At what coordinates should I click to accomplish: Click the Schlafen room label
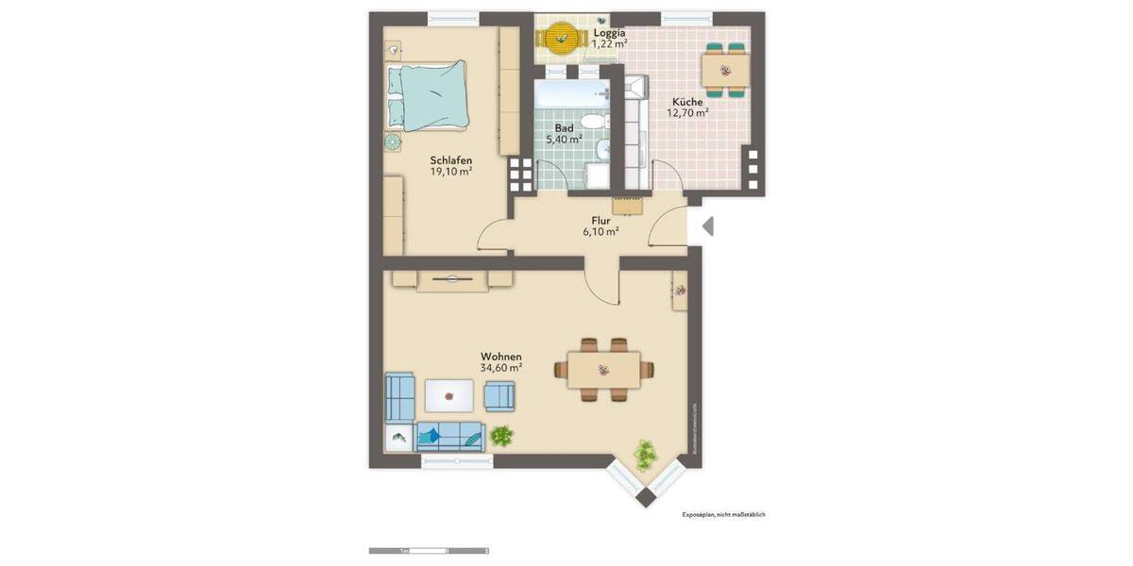pyautogui.click(x=450, y=160)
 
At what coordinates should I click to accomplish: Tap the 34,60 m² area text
pyautogui.click(x=502, y=368)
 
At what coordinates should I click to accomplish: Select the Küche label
pyautogui.click(x=687, y=102)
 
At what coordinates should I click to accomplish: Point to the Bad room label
pyautogui.click(x=564, y=128)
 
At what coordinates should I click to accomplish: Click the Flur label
pyautogui.click(x=600, y=220)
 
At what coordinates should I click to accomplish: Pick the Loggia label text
pyautogui.click(x=609, y=33)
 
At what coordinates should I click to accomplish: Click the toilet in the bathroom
pyautogui.click(x=592, y=121)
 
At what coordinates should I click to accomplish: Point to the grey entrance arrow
pyautogui.click(x=708, y=226)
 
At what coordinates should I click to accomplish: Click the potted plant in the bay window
pyautogui.click(x=646, y=454)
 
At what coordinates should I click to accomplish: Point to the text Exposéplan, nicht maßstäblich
pyautogui.click(x=723, y=515)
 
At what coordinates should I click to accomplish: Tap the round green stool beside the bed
pyautogui.click(x=392, y=142)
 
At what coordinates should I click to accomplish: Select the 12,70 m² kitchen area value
pyautogui.click(x=688, y=113)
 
